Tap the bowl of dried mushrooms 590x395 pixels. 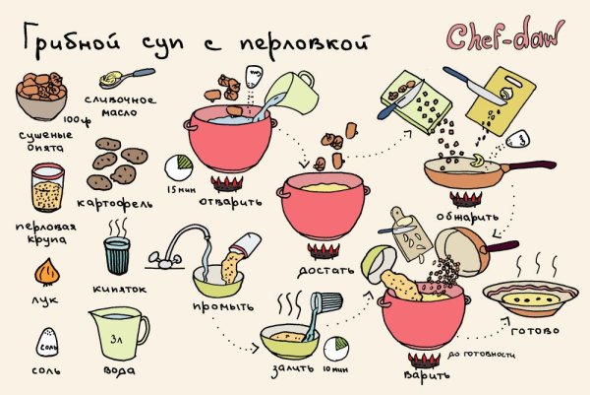click(40, 96)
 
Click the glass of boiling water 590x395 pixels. click(118, 255)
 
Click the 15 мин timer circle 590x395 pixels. click(180, 164)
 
